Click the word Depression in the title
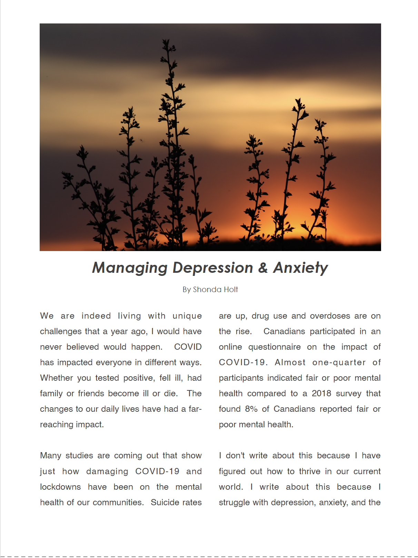[x=213, y=268]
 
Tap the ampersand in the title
[x=263, y=268]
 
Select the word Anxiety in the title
[x=300, y=268]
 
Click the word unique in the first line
[x=187, y=316]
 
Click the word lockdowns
[x=60, y=487]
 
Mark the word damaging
[x=107, y=471]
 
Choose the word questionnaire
[x=274, y=347]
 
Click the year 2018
[x=321, y=393]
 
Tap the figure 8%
[x=251, y=409]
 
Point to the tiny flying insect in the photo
[x=141, y=140]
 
